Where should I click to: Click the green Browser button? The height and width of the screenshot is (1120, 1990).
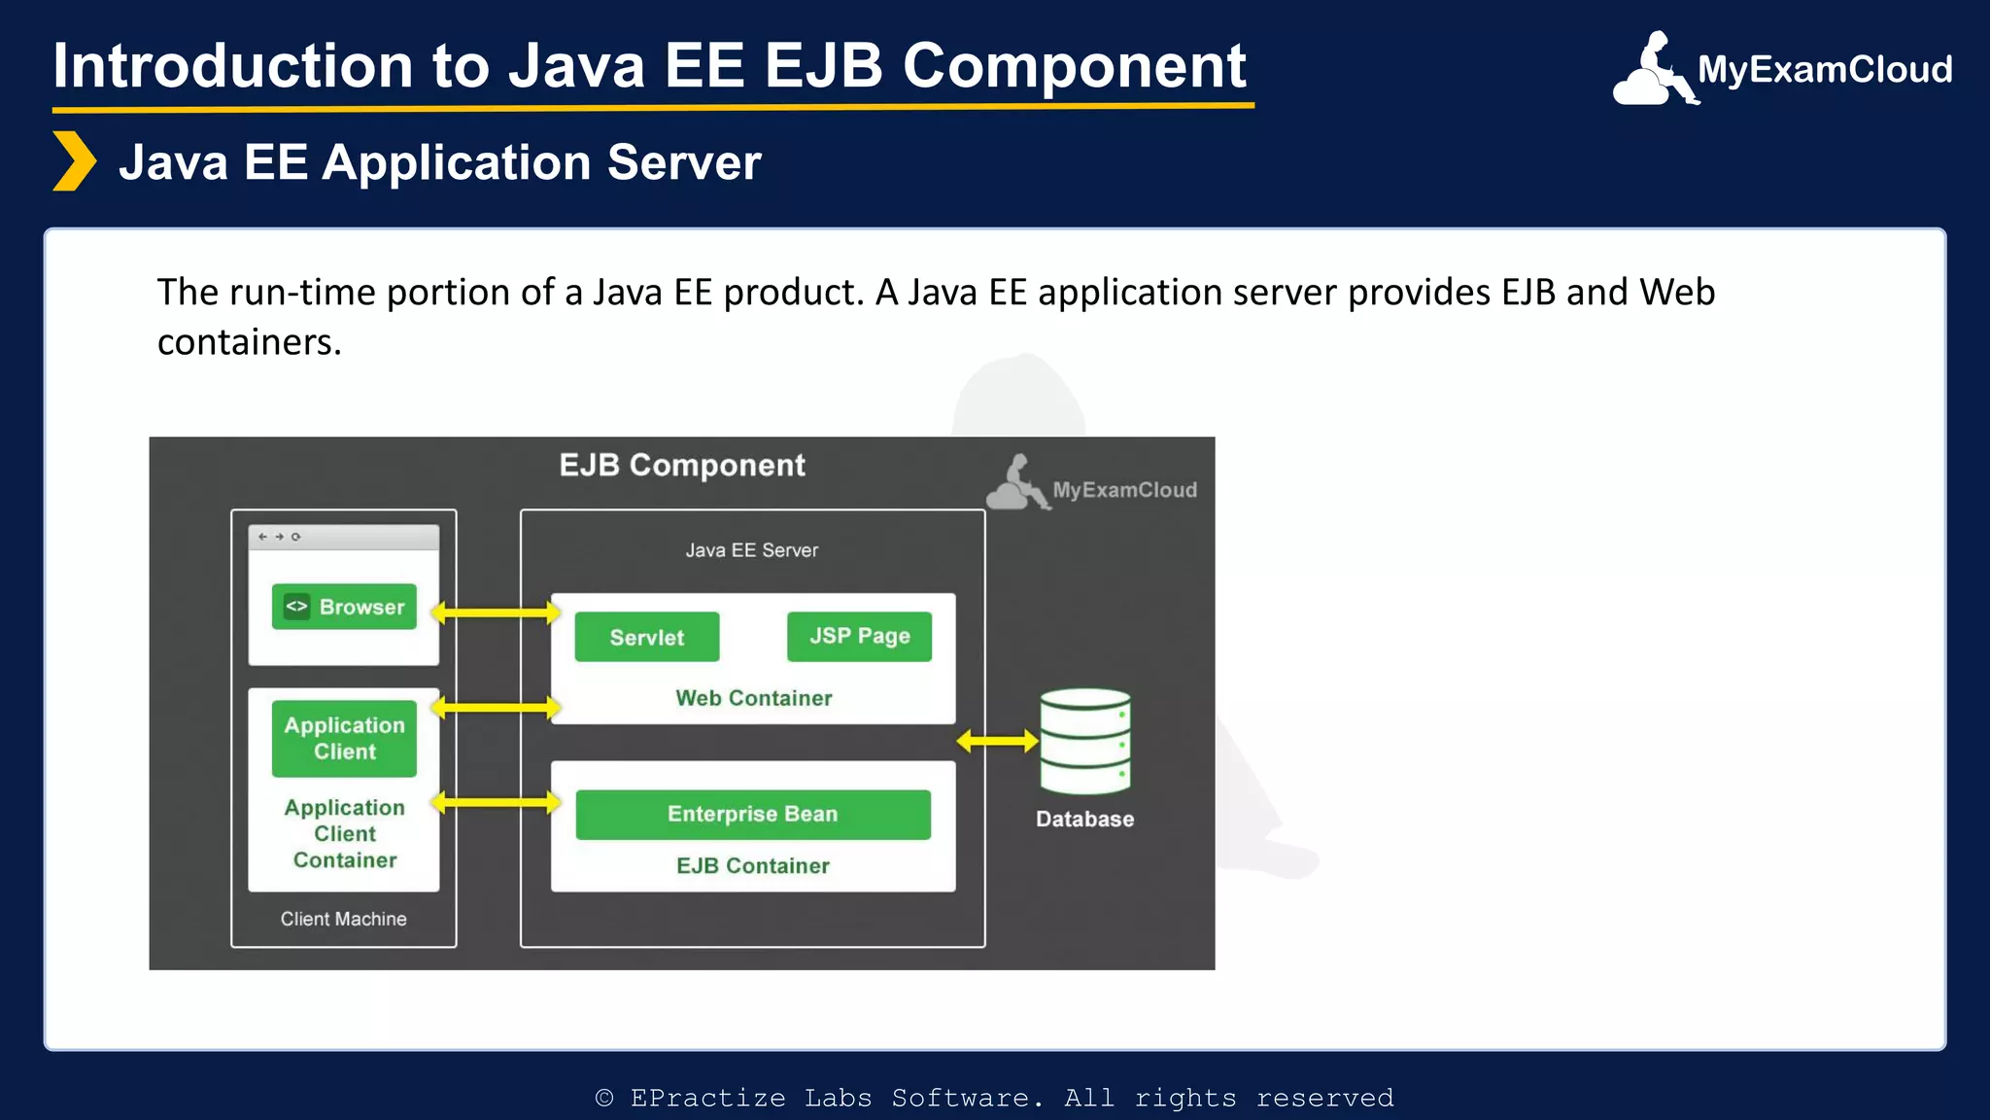[x=344, y=607]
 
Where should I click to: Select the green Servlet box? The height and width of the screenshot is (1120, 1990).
[x=647, y=637]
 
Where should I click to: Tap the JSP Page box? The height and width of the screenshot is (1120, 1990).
[x=859, y=636]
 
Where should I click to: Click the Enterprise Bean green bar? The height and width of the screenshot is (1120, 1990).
[x=752, y=814]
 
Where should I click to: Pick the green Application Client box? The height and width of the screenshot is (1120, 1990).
[x=344, y=738]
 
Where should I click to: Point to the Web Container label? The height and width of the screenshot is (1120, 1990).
[x=753, y=698]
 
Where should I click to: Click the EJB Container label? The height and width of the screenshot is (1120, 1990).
[x=753, y=865]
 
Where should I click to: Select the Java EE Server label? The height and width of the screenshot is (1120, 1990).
[x=751, y=550]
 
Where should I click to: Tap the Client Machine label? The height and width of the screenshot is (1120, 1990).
[x=343, y=919]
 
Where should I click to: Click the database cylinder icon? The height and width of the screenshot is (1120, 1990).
[x=1084, y=741]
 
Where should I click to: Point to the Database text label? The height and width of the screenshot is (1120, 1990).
[x=1084, y=819]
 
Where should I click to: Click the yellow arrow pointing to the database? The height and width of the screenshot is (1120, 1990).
[x=997, y=742]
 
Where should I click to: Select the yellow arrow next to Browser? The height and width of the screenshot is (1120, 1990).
[x=496, y=612]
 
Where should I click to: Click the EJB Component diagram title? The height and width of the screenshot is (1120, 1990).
[x=682, y=466]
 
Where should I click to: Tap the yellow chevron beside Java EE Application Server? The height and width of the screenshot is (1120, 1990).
[x=74, y=161]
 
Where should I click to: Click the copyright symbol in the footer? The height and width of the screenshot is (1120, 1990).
[x=604, y=1098]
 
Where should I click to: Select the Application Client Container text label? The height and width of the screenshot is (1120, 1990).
[x=344, y=833]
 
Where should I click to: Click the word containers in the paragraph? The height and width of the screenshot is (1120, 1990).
[x=249, y=342]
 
